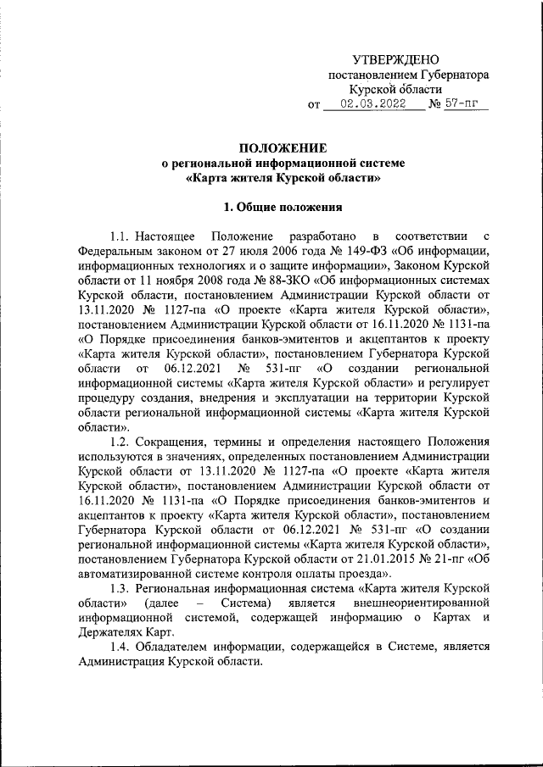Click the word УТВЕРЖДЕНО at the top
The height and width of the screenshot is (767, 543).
(395, 59)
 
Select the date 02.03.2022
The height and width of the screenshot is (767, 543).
(370, 105)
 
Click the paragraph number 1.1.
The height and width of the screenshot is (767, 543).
(123, 235)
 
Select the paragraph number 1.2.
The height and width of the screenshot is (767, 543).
(123, 442)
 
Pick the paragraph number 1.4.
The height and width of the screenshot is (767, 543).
(123, 647)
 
